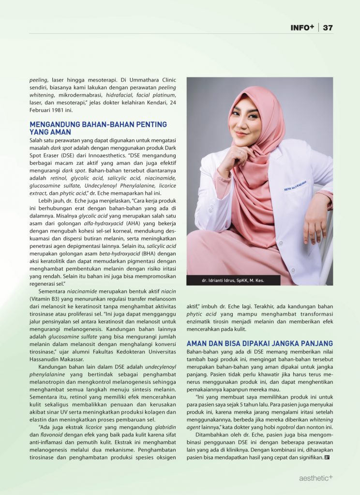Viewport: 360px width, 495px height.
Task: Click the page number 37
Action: pyautogui.click(x=328, y=28)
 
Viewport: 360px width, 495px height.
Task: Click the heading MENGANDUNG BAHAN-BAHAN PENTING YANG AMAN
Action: pyautogui.click(x=98, y=128)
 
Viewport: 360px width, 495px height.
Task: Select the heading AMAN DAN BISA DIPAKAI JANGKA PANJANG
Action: pyautogui.click(x=259, y=343)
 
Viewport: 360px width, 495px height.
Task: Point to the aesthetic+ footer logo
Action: pyautogui.click(x=316, y=478)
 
